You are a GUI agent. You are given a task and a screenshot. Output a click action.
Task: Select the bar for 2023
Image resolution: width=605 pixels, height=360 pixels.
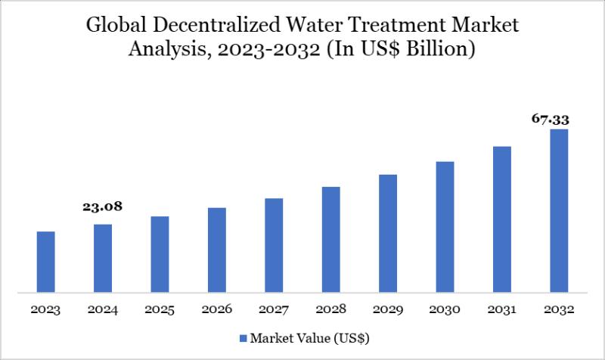tap(45, 262)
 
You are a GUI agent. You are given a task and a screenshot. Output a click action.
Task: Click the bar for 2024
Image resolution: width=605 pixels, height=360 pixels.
tap(103, 258)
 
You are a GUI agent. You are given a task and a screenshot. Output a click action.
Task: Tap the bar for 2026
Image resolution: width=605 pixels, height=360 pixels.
tap(217, 250)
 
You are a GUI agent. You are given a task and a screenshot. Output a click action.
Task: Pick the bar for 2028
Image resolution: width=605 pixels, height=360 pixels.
tap(331, 239)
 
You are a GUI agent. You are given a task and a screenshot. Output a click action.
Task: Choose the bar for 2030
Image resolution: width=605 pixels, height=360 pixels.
tap(445, 227)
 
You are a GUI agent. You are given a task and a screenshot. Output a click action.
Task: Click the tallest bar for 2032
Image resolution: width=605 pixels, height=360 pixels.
tap(559, 210)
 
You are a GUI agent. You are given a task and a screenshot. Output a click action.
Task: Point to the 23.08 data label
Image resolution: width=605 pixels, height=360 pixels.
tap(103, 206)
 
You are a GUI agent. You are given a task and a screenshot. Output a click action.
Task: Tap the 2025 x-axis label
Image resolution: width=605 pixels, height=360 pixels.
tap(160, 310)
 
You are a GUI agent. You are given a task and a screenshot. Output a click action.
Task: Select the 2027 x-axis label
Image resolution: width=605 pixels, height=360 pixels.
tap(274, 310)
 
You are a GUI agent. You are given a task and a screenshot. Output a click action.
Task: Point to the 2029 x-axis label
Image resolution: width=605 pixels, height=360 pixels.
tap(388, 310)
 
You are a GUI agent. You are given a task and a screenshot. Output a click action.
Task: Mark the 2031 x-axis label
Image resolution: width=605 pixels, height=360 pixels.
tap(502, 310)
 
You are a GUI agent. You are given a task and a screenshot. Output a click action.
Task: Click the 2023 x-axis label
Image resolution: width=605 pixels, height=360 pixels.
tap(45, 310)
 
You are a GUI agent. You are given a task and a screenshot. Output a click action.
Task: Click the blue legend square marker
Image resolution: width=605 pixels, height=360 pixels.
tap(243, 336)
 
